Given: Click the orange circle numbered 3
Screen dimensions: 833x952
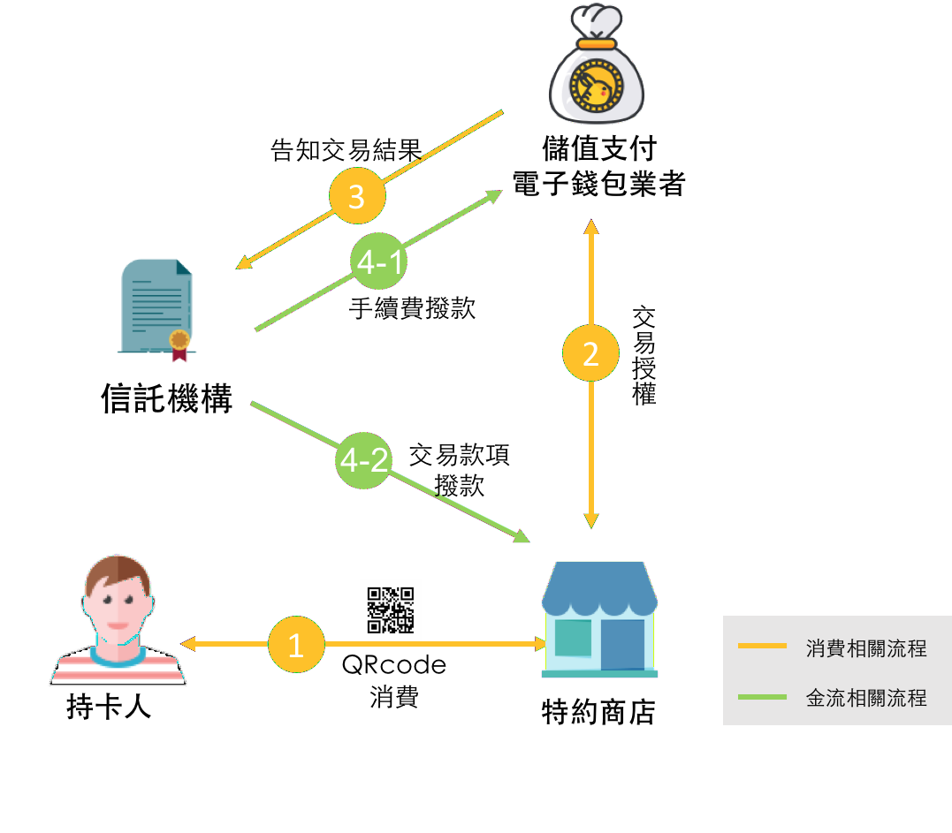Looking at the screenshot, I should (x=356, y=197).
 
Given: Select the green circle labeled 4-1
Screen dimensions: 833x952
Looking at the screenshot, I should (x=378, y=261).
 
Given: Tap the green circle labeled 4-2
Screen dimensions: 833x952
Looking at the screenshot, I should (x=363, y=460).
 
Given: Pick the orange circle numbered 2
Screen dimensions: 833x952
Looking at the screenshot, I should (x=590, y=354).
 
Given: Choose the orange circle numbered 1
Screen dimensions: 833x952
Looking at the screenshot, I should (x=296, y=645).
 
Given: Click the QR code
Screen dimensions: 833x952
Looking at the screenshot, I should (x=391, y=610).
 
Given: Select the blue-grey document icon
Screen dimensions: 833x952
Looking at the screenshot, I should (x=156, y=303).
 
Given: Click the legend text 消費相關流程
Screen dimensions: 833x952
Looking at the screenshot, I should (x=865, y=648).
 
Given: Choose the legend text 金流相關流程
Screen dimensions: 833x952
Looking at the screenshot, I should (x=865, y=698).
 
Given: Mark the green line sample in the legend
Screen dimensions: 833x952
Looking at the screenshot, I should (x=762, y=698).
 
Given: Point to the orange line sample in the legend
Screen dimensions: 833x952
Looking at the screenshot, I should (x=762, y=647).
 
